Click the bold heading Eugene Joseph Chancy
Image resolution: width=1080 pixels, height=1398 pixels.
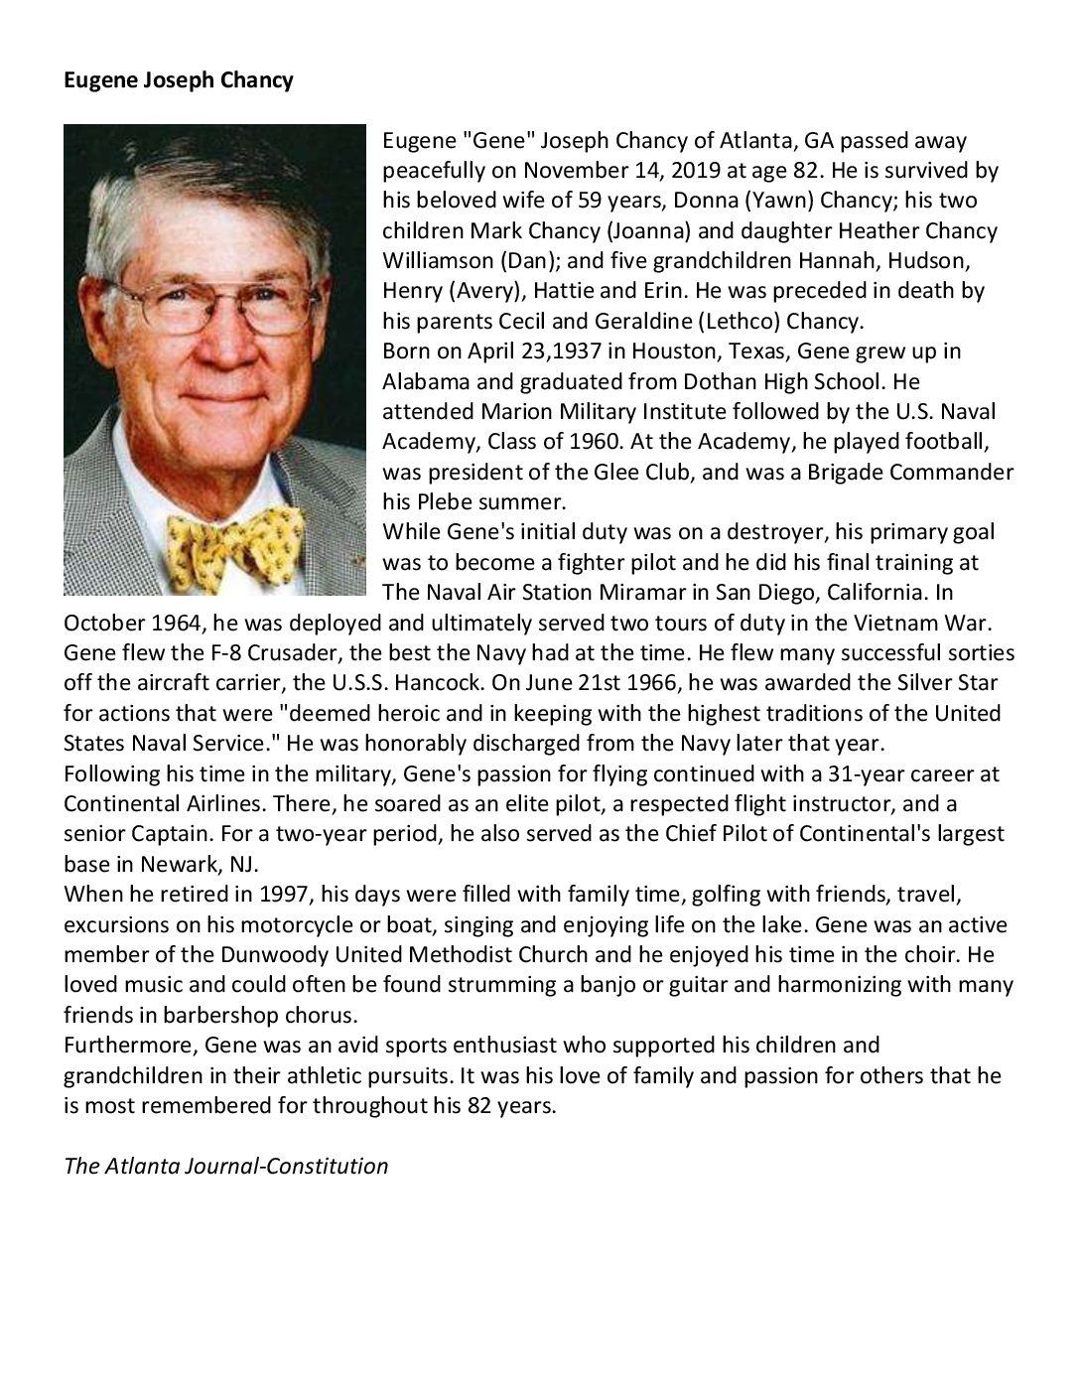pyautogui.click(x=179, y=80)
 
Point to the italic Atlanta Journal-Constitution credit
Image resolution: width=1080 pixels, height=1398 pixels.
pyautogui.click(x=226, y=1166)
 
